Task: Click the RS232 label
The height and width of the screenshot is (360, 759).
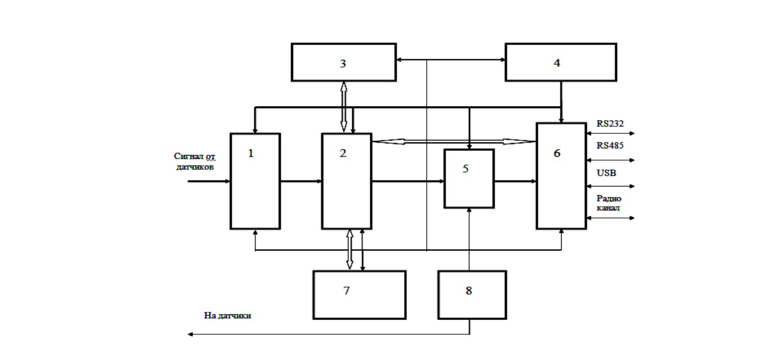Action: pos(610,124)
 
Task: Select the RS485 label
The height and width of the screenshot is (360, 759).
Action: pos(610,145)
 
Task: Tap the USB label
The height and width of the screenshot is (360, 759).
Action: pos(606,172)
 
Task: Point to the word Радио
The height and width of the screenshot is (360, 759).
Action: pos(608,198)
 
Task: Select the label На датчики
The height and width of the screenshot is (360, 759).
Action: pos(227,316)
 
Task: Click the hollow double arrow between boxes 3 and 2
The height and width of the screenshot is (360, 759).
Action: pos(344,107)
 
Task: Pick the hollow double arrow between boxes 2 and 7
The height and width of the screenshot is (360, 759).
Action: pos(349,250)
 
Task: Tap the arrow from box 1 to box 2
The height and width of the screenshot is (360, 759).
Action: pos(301,181)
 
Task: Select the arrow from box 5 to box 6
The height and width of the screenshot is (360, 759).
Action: pos(515,181)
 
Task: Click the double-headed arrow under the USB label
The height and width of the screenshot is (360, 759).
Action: pos(610,186)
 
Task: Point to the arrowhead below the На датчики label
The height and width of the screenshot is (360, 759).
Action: pos(190,334)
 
